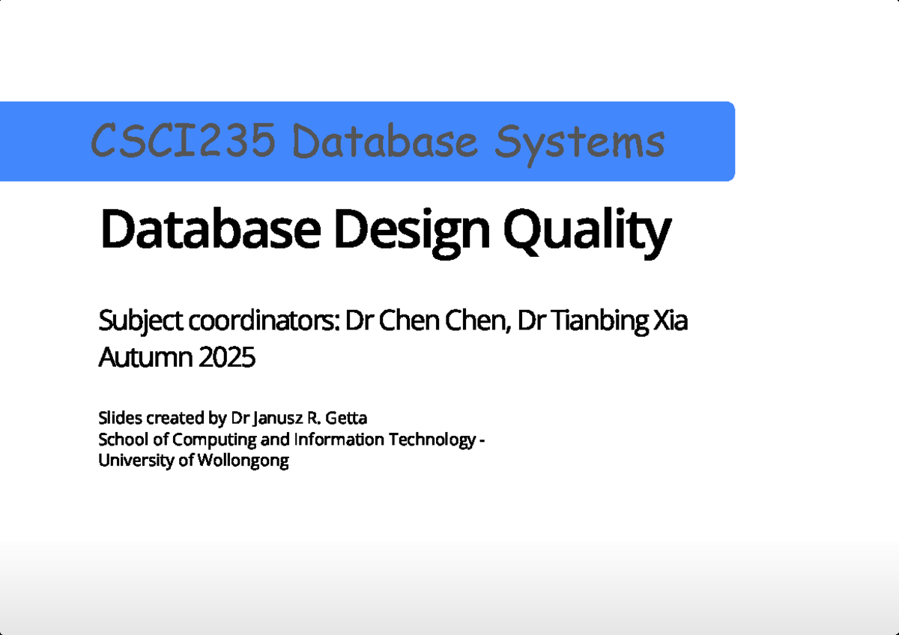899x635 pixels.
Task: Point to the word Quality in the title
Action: pos(584,231)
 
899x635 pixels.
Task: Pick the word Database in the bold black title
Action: pos(209,231)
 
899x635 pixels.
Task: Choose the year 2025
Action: pos(227,358)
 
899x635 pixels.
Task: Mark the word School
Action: pos(120,439)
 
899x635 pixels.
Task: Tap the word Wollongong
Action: pos(243,461)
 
